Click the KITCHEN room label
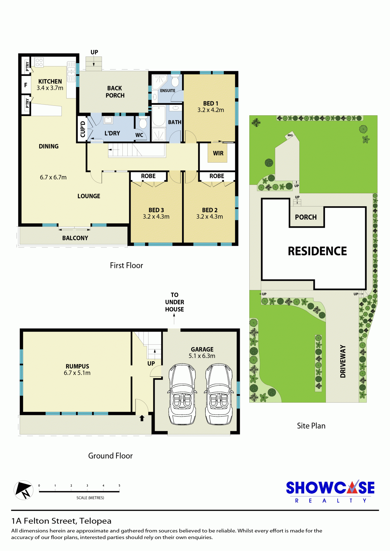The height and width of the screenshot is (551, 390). pos(50,82)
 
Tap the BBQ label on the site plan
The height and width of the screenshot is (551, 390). pos(290,135)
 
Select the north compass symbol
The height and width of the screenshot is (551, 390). pos(23,490)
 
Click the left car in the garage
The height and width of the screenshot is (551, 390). pos(182,394)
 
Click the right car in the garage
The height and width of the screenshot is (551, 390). pos(219,394)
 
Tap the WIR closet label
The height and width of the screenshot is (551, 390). pos(218,153)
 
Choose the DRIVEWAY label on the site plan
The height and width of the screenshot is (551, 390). pos(343,361)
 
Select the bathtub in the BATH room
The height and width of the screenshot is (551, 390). pos(159,116)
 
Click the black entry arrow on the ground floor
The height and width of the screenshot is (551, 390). pos(142,418)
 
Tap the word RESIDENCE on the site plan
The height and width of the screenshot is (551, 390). pos(317,251)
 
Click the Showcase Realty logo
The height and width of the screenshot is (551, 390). pos(330,491)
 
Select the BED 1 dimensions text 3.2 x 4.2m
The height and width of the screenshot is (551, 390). pos(211,110)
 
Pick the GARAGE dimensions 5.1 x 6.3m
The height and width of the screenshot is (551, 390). pos(202,356)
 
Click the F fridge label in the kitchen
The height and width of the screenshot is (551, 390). pos(26,85)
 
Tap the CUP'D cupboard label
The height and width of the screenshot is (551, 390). pos(83,129)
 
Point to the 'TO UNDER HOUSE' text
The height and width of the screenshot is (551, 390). pos(174,302)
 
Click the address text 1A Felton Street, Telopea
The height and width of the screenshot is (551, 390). pos(61,521)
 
